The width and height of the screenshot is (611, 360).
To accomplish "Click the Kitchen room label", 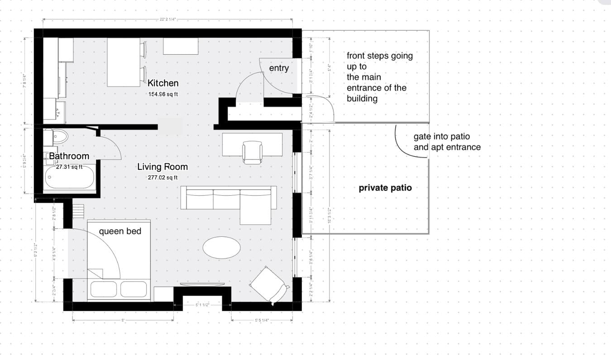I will (x=163, y=83).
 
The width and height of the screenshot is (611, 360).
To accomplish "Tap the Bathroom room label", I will (x=69, y=156).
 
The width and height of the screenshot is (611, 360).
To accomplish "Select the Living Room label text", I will (x=162, y=167).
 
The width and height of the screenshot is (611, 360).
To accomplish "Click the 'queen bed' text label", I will (x=120, y=231).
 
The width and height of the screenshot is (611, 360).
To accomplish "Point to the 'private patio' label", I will (x=385, y=187).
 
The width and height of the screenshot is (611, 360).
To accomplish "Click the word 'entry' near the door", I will (x=279, y=68).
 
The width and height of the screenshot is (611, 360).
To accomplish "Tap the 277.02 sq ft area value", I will (x=162, y=178).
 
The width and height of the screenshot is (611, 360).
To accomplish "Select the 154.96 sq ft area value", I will (x=163, y=94).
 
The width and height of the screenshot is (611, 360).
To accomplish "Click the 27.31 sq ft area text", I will (x=69, y=167).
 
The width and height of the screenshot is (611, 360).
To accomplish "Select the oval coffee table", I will (x=221, y=248).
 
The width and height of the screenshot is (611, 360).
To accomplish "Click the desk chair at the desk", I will (x=252, y=152).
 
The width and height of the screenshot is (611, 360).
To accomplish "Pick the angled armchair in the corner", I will (x=269, y=284).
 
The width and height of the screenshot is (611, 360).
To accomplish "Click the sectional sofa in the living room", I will (x=229, y=198).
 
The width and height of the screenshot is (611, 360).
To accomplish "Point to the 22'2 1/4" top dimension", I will (x=167, y=19).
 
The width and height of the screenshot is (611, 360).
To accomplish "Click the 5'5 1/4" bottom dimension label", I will (x=262, y=320).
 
